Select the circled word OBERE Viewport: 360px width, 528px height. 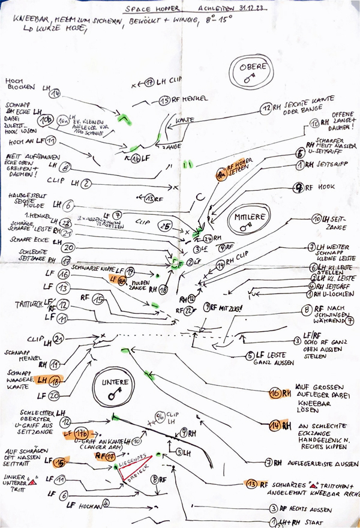tap(250, 67)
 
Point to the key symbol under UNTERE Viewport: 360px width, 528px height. tap(113, 394)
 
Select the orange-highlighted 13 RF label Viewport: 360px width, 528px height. tap(255, 484)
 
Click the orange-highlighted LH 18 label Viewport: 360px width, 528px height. tap(50, 380)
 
